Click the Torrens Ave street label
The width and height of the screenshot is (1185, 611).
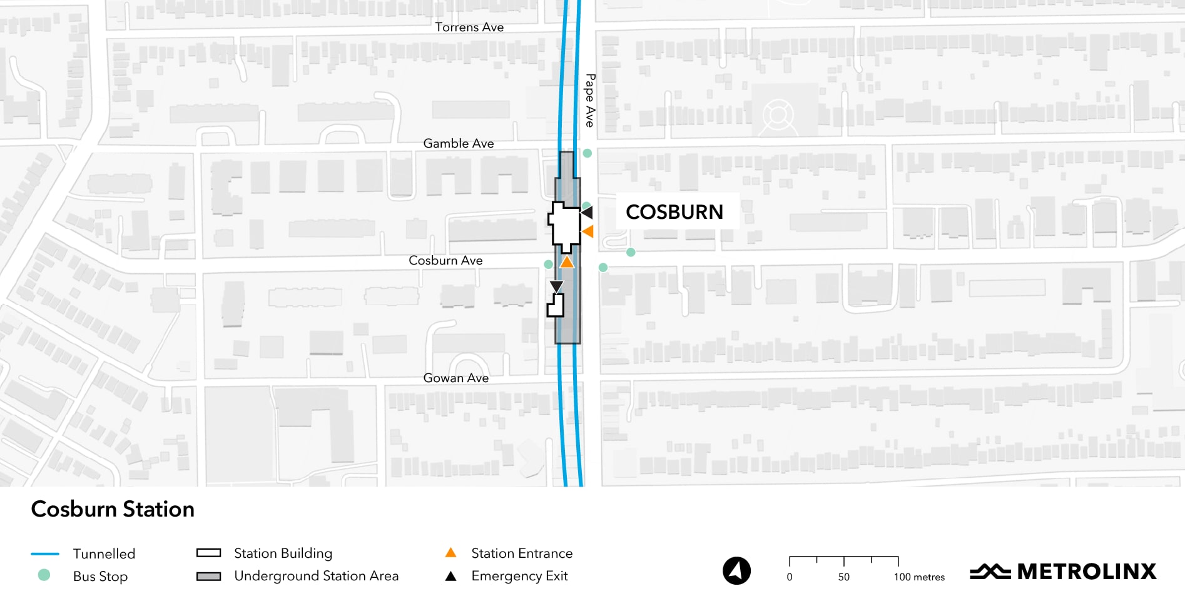[469, 27]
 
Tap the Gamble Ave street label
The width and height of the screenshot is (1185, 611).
[459, 143]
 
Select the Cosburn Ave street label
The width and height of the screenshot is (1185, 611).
[445, 260]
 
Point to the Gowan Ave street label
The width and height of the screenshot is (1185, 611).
[456, 378]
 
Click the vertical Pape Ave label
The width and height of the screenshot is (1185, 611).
[590, 101]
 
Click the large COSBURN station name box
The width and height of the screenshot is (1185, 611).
[674, 211]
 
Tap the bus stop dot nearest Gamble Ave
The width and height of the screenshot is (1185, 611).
[587, 153]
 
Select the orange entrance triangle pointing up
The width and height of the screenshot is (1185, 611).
[567, 262]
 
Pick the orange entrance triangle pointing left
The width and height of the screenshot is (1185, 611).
[587, 231]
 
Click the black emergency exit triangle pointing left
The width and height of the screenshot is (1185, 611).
[587, 213]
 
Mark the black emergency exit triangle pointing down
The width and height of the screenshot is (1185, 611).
[556, 286]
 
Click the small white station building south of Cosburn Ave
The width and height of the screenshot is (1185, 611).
[556, 306]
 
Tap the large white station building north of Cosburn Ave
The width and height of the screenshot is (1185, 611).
[565, 225]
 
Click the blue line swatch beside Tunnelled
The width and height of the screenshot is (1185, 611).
[45, 553]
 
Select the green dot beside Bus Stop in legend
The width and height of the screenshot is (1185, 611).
[44, 575]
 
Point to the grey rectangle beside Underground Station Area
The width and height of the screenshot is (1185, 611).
[209, 576]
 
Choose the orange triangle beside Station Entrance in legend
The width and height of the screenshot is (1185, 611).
[450, 553]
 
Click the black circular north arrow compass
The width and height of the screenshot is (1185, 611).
[737, 571]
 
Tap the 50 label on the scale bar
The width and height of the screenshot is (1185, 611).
[844, 577]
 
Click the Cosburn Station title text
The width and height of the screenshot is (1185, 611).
[113, 509]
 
